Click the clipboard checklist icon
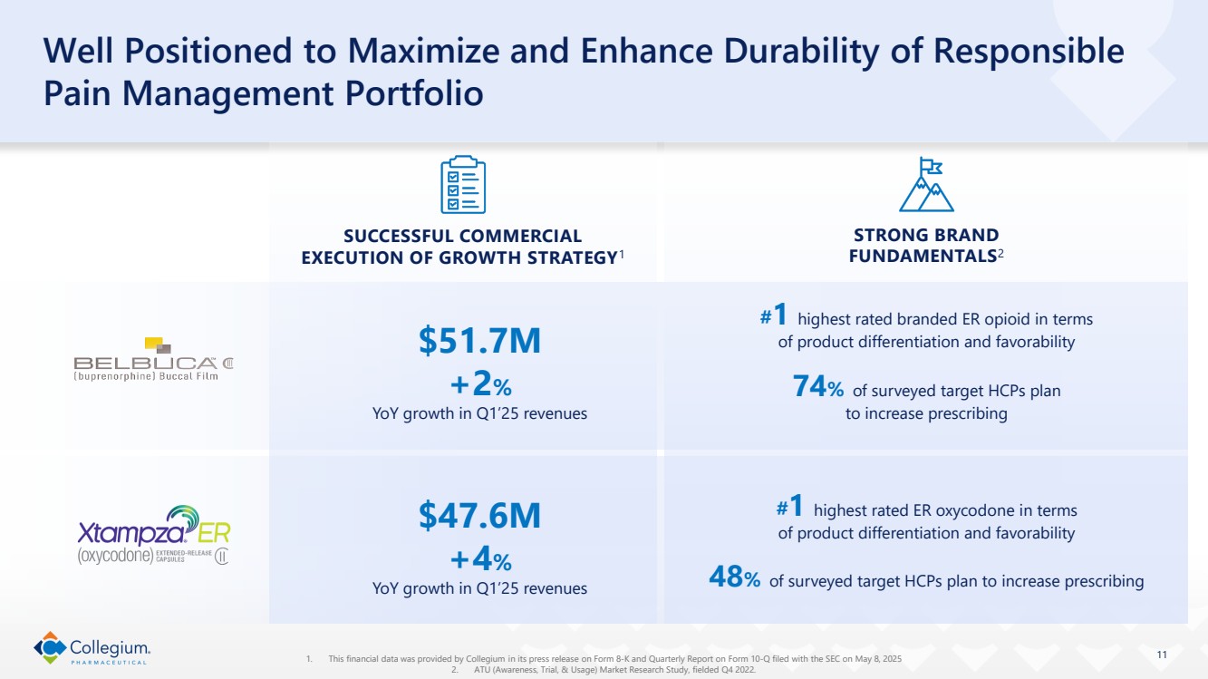(x=462, y=184)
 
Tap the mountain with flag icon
(x=926, y=184)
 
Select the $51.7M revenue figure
(x=479, y=341)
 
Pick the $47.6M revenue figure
(x=479, y=515)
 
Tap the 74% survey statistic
(x=818, y=390)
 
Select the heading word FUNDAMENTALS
(x=922, y=257)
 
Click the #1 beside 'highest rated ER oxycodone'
(x=790, y=506)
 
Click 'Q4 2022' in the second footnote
(x=738, y=670)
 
